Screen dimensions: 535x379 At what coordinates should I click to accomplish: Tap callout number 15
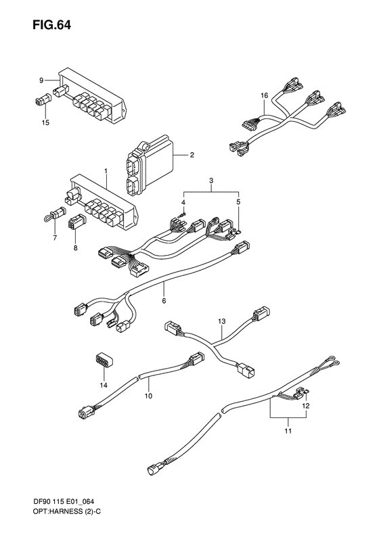(46, 122)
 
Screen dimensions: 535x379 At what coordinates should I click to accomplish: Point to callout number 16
(265, 96)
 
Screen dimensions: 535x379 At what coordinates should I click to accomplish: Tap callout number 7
(54, 239)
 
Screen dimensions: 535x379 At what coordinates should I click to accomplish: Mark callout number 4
(183, 202)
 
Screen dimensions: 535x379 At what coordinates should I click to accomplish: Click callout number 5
(238, 202)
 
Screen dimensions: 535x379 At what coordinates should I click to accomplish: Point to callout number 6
(163, 300)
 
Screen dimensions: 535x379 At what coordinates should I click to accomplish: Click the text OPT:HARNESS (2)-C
(51, 524)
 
